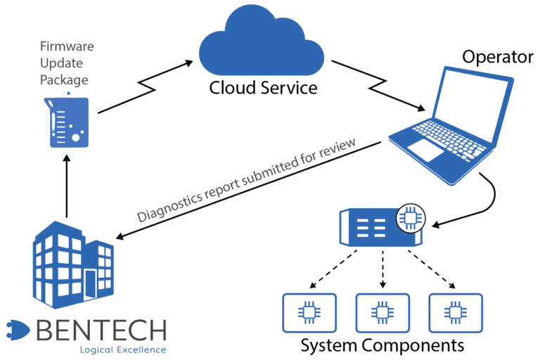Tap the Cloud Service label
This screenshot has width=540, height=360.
coord(263,88)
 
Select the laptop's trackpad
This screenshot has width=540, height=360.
coord(425,150)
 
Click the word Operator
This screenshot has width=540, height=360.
coord(498,57)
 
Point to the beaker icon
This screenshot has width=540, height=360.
coord(67,120)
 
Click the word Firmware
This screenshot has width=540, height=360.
coord(67,46)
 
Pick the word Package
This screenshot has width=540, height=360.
coord(64,80)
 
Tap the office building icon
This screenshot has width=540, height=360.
coord(73,264)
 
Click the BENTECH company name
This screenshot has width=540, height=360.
coord(101,330)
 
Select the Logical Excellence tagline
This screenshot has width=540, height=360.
coord(123,350)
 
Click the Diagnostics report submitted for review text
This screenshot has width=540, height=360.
coord(246,180)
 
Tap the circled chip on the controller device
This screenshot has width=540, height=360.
coord(411,218)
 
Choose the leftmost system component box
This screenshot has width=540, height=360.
coord(309,313)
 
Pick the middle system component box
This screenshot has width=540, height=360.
coord(382,313)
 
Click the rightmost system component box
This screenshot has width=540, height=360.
coord(456,313)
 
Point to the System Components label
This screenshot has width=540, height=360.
coord(382,345)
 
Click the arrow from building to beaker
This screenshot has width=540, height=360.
coord(67,186)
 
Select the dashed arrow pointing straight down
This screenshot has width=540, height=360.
coord(382,269)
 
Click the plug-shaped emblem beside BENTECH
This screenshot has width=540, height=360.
coord(18,330)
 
